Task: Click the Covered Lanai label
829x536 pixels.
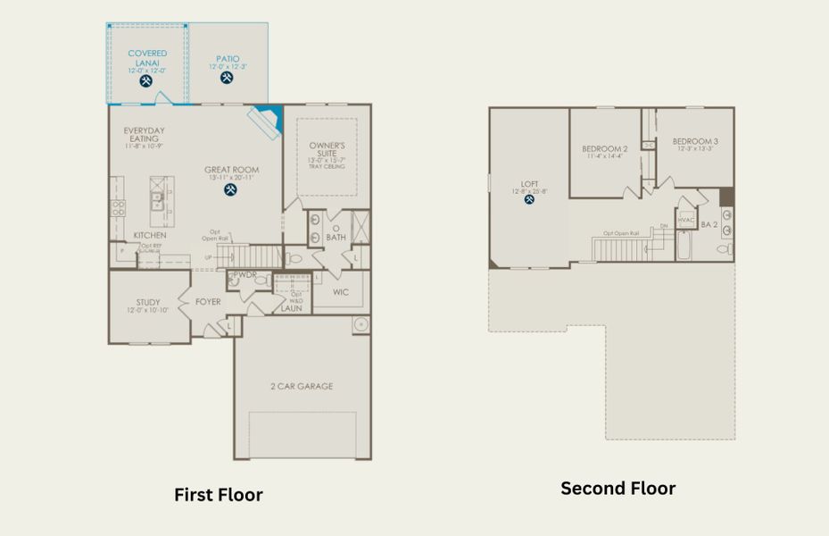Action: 147,59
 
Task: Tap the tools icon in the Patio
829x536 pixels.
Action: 227,78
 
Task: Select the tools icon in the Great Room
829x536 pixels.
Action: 231,189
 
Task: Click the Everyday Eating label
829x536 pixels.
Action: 144,135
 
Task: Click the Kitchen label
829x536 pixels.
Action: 150,236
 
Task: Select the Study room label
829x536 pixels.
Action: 148,302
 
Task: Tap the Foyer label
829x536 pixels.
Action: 208,302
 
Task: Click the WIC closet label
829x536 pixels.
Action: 340,292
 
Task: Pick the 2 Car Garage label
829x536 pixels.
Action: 302,387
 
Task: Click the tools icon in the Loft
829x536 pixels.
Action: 529,199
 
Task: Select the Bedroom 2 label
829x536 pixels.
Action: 605,148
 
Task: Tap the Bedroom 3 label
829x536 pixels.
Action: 695,141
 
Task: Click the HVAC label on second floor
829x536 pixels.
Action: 685,220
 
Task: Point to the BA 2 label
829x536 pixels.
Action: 709,225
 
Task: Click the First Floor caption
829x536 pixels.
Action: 218,494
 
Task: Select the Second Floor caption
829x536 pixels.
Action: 618,489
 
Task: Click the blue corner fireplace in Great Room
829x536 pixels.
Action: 267,119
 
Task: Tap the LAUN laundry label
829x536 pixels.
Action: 292,308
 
